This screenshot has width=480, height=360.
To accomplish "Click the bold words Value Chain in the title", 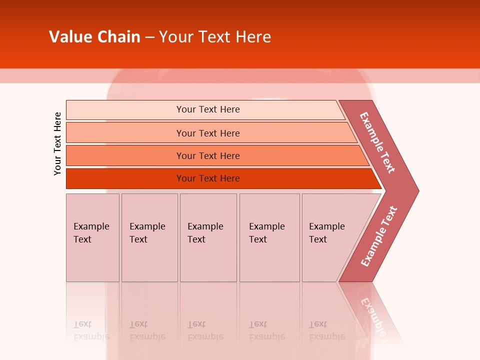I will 94,37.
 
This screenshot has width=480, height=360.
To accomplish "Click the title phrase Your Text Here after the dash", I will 215,37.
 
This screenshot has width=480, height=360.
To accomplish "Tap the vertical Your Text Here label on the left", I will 57,143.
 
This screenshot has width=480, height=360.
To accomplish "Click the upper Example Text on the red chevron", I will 377,142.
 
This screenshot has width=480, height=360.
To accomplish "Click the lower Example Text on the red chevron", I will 379,236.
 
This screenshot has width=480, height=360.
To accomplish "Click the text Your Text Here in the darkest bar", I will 208,178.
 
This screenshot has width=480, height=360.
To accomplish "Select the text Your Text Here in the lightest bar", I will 208,109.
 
